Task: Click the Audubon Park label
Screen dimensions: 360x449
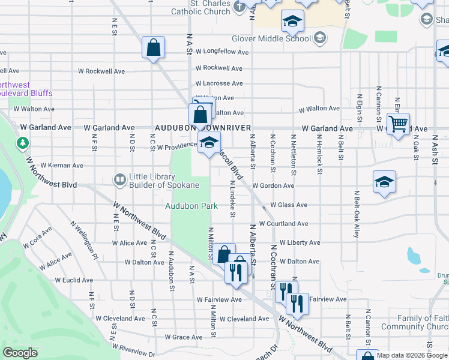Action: click(191, 206)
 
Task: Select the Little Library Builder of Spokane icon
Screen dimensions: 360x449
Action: click(120, 179)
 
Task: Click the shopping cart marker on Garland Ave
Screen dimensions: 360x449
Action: click(398, 125)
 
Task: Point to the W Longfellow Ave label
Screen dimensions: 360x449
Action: click(221, 52)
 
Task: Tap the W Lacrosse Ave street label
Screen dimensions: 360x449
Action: click(218, 83)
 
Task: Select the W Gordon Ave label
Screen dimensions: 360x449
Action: click(273, 186)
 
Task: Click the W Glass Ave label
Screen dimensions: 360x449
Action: click(289, 205)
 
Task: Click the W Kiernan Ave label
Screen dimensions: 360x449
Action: click(62, 165)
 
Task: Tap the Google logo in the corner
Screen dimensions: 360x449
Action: click(20, 353)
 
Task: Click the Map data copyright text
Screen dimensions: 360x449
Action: click(412, 355)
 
